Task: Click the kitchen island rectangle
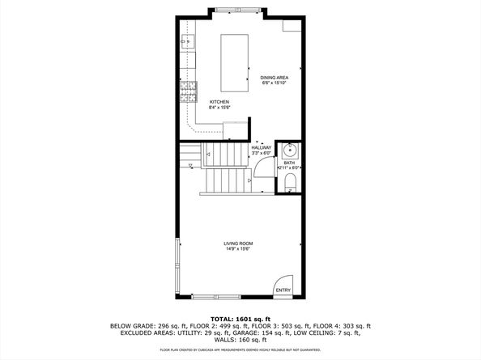pyautogui.click(x=235, y=64)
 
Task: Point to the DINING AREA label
pyautogui.click(x=275, y=78)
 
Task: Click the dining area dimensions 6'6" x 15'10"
pyautogui.click(x=275, y=83)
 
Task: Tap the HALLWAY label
pyautogui.click(x=262, y=147)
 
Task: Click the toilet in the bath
pyautogui.click(x=291, y=180)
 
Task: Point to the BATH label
pyautogui.click(x=289, y=163)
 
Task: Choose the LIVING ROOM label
pyautogui.click(x=239, y=243)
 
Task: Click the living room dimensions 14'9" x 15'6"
pyautogui.click(x=239, y=248)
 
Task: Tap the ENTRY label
pyautogui.click(x=283, y=290)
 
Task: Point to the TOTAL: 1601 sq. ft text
pyautogui.click(x=240, y=318)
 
